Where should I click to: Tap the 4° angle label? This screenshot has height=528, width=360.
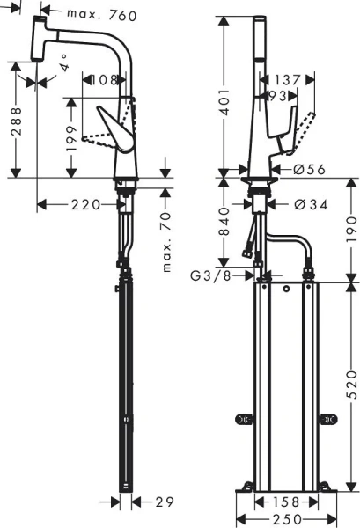pyautogui.click(x=65, y=66)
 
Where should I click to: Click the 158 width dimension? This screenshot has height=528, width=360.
pyautogui.click(x=283, y=503)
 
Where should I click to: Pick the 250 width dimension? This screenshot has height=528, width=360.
pyautogui.click(x=283, y=519)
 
